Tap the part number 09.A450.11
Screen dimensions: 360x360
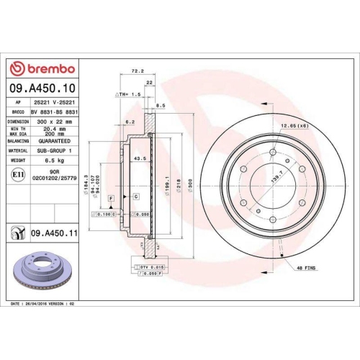pos(52,233)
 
